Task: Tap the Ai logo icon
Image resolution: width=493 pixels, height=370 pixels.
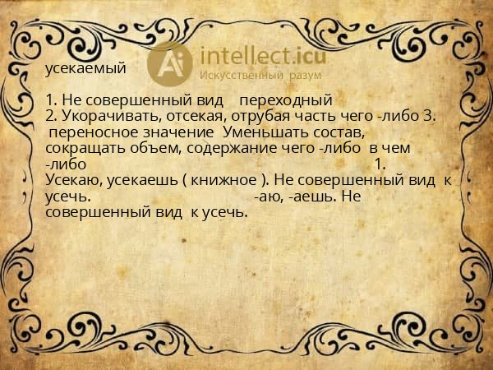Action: (x=170, y=63)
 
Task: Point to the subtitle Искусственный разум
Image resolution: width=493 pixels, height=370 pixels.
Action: (x=250, y=76)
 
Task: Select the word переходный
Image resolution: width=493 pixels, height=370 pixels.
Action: (x=287, y=99)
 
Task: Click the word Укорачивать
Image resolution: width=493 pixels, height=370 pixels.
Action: (x=98, y=116)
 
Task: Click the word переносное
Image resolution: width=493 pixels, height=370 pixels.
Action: (x=87, y=132)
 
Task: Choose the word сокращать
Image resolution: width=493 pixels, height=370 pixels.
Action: (x=81, y=148)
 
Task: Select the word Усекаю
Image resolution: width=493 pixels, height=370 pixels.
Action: (x=71, y=180)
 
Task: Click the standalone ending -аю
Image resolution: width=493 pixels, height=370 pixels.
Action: (x=269, y=197)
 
